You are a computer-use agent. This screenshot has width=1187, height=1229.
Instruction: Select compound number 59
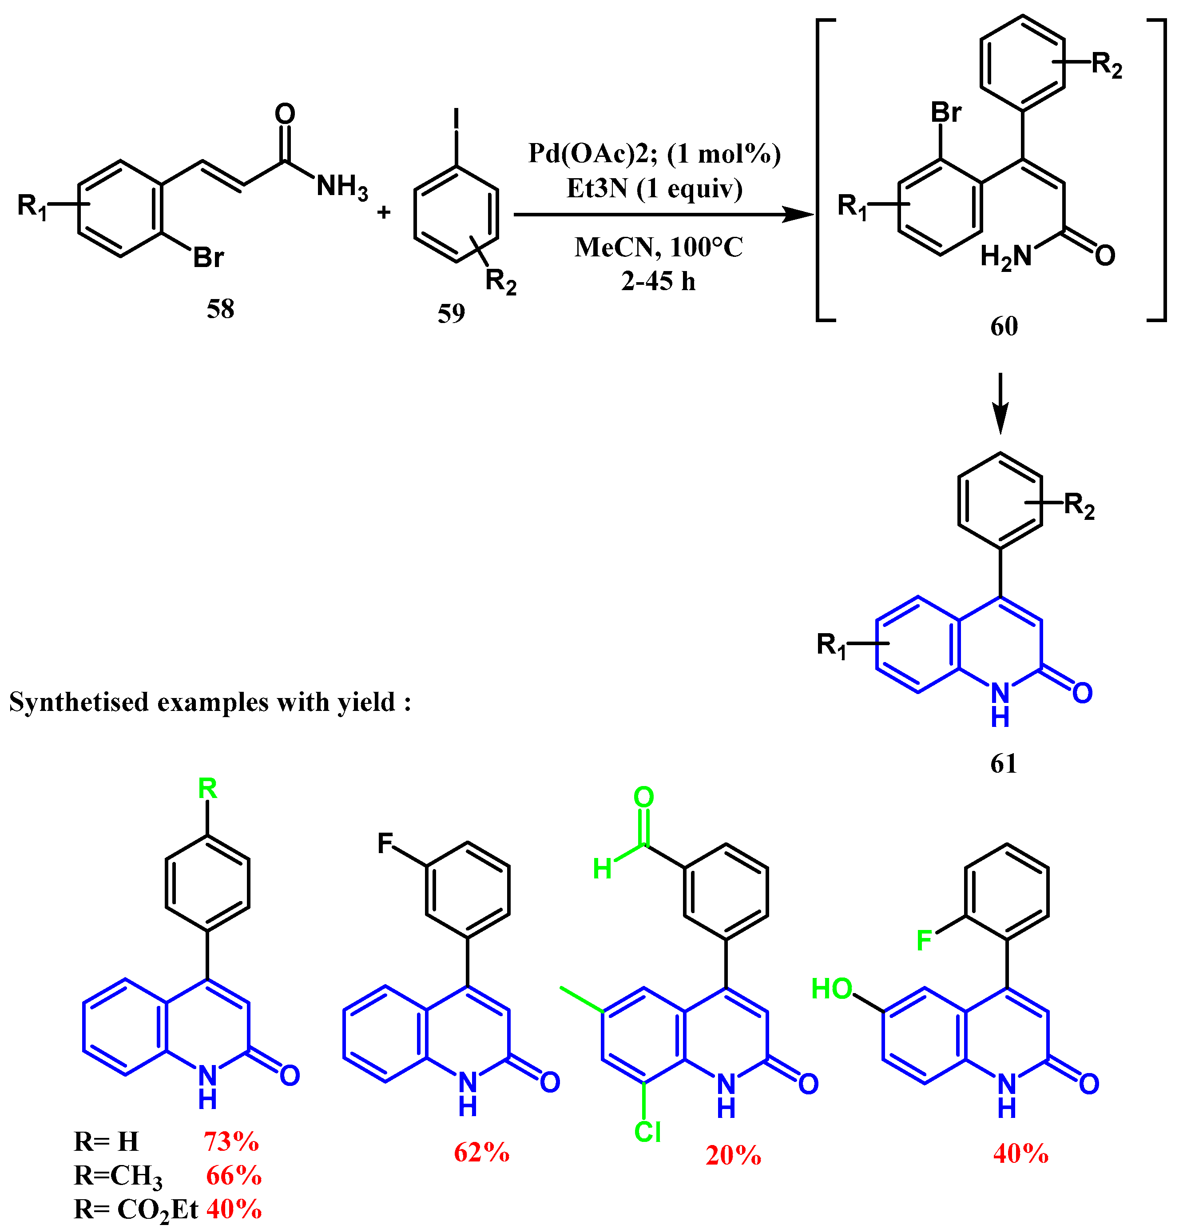pos(451,313)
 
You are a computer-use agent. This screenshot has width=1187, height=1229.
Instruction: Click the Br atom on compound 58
pos(208,257)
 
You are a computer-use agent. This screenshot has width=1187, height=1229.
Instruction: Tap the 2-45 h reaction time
pos(658,282)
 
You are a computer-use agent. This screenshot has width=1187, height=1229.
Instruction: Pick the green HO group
pos(831,989)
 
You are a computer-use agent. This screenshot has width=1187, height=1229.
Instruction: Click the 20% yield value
pos(733,1155)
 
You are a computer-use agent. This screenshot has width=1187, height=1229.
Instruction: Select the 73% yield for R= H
pos(230,1142)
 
